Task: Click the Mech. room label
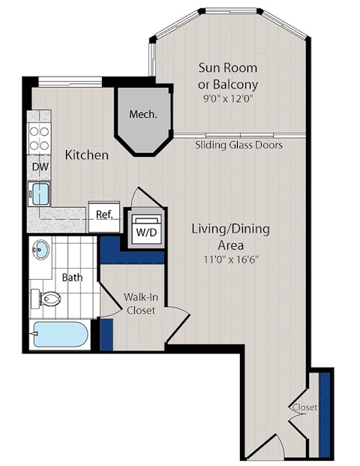(x=142, y=115)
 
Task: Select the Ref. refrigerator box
(x=103, y=215)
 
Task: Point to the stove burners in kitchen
(x=39, y=139)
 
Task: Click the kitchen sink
(x=38, y=194)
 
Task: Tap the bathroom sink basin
(x=42, y=250)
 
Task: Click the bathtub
(x=61, y=335)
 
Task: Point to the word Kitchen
(x=87, y=155)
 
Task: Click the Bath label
(x=72, y=278)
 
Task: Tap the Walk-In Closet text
(x=141, y=303)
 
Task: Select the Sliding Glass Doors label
(x=238, y=145)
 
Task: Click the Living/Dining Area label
(x=229, y=236)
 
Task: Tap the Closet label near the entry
(x=304, y=407)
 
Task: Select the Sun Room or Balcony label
(x=228, y=76)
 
